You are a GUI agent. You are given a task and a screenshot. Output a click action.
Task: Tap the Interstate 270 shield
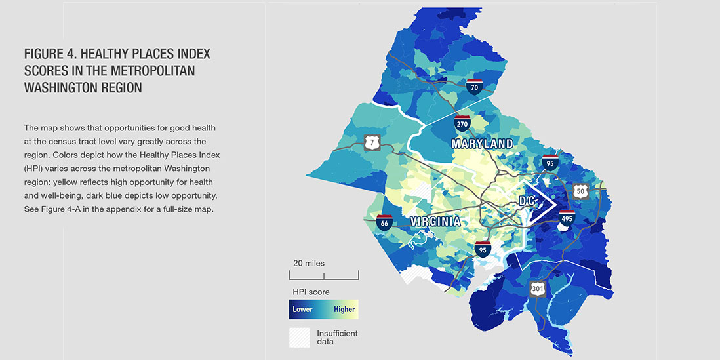[462, 123]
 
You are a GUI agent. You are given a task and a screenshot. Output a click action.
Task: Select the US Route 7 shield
[371, 142]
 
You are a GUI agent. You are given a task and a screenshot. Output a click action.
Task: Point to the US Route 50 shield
[580, 190]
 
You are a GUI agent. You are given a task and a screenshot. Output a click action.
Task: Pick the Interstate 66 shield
[384, 223]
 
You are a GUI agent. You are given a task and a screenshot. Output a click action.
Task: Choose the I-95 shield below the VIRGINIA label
[483, 249]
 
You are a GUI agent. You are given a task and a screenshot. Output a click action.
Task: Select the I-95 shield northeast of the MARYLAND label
[550, 163]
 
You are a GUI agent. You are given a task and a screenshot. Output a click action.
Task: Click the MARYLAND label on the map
[482, 143]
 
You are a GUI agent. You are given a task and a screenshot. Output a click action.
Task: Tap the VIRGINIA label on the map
[435, 222]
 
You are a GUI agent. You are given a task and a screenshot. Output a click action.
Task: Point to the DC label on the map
[528, 203]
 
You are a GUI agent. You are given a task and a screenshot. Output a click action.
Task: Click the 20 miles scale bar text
[308, 263]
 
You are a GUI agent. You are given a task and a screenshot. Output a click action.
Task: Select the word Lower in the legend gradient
[302, 310]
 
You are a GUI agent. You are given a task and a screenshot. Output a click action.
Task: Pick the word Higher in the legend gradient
[344, 310]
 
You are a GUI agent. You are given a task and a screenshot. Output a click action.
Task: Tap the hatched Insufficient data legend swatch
[299, 337]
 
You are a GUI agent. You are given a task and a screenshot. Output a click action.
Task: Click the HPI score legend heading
[311, 292]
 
